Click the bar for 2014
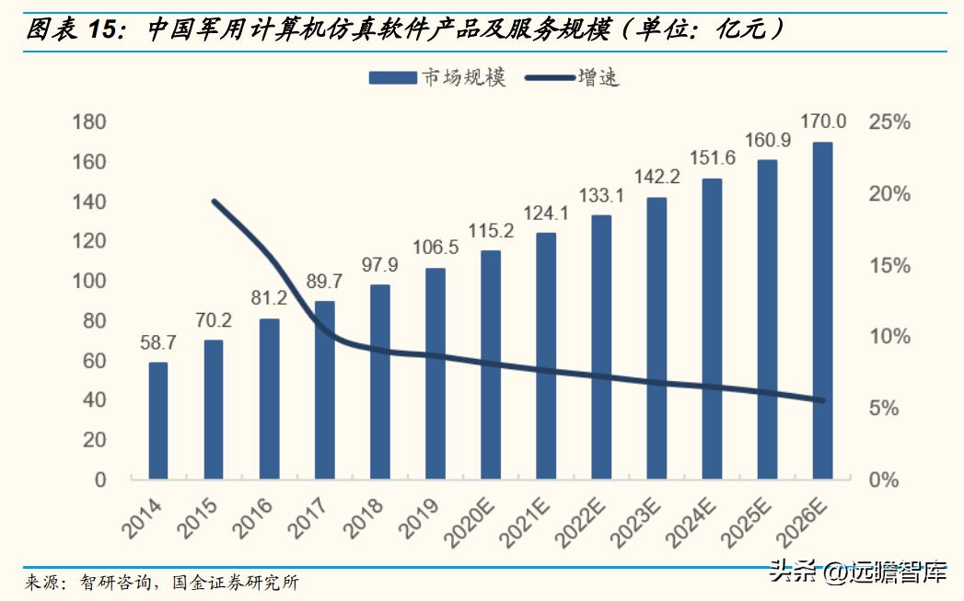click(158, 421)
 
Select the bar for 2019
click(436, 374)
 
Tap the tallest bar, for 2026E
click(822, 311)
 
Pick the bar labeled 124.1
click(546, 355)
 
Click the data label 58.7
click(158, 343)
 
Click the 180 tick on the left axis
click(88, 122)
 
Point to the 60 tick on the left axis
click(94, 361)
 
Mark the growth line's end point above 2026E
click(822, 400)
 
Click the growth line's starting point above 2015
click(214, 201)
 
